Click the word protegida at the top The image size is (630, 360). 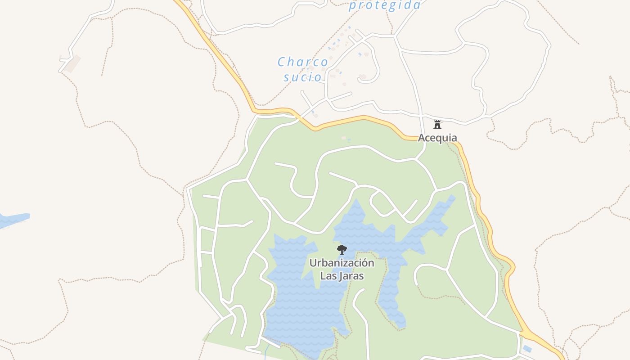(x=385, y=5)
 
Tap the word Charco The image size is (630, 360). (x=302, y=62)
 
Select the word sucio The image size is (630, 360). (x=303, y=77)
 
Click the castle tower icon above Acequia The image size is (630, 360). (x=437, y=124)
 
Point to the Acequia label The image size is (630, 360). (x=437, y=138)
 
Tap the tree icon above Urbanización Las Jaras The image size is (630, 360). (x=342, y=249)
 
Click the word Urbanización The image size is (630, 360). (x=342, y=263)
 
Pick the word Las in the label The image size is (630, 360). (x=327, y=275)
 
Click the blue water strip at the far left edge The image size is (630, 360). (x=13, y=220)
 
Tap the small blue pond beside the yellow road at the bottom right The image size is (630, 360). (x=527, y=349)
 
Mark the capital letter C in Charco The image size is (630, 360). (x=282, y=62)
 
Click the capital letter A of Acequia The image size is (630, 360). (x=422, y=138)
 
